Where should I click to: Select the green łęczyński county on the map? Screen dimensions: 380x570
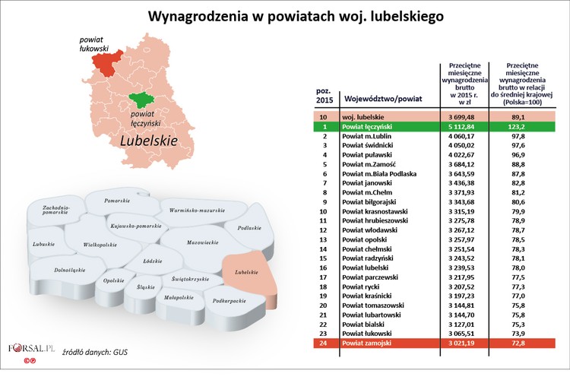141,100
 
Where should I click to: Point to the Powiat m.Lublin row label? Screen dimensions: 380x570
369,136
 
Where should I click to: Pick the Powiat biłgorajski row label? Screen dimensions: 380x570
372,202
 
